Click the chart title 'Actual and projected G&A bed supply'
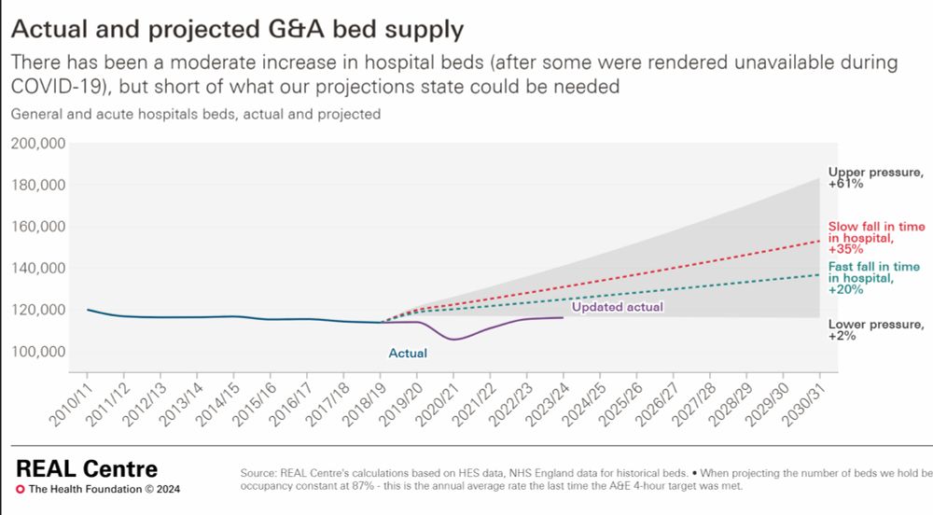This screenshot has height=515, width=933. (x=237, y=29)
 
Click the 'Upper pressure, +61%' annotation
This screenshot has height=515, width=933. (x=875, y=177)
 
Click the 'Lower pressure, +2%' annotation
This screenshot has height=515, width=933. (x=875, y=330)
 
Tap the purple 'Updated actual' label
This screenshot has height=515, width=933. (x=617, y=307)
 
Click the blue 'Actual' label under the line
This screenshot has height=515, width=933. (x=408, y=354)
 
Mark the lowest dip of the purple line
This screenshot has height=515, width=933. (x=453, y=339)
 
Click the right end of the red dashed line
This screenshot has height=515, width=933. (x=820, y=242)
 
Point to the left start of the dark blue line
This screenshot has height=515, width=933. (x=88, y=310)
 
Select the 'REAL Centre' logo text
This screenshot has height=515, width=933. (x=87, y=468)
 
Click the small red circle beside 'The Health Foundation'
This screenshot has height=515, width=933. (x=21, y=489)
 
